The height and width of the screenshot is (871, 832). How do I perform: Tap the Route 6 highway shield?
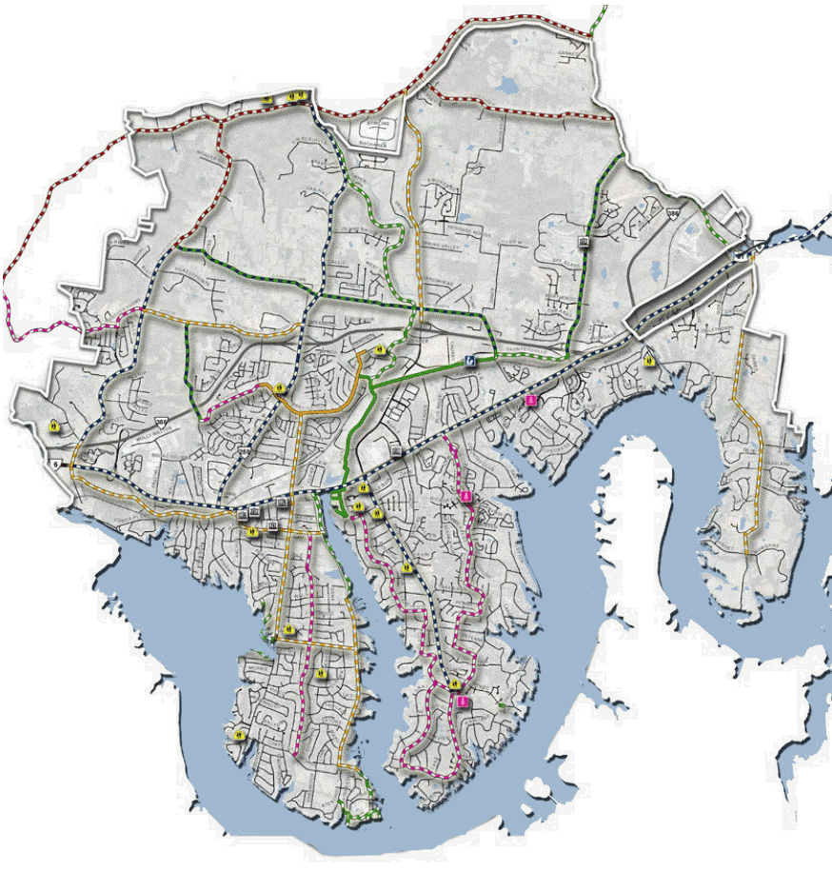point(55,463)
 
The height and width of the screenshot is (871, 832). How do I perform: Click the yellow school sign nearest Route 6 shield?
point(53,426)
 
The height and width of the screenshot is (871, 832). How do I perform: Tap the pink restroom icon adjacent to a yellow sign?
point(463,702)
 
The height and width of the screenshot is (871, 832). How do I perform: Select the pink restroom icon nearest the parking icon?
point(531,401)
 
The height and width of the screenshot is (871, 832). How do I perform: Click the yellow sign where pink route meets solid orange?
point(280,388)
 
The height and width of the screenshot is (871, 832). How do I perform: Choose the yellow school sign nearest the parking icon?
point(379,351)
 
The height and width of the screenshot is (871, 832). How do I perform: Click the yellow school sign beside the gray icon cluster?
point(251,531)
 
